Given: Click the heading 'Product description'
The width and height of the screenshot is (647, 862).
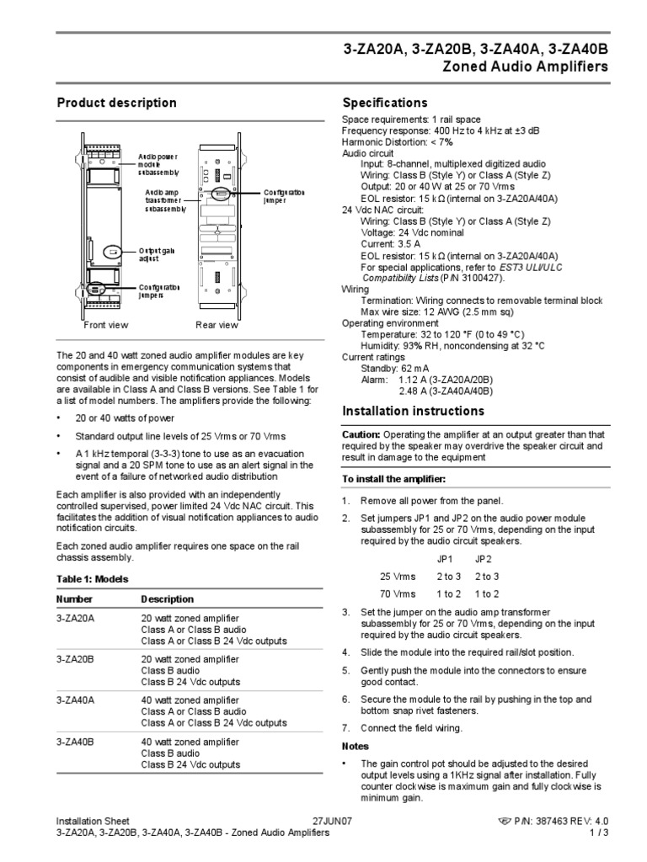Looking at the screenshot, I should tap(116, 104).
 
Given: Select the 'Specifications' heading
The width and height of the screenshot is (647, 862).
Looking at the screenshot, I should tap(385, 104).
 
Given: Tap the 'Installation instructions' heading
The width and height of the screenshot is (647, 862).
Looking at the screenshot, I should tap(413, 412).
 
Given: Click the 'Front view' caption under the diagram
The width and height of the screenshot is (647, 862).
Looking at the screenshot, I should tap(106, 325).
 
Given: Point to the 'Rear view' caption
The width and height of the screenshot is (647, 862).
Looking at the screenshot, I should tap(217, 325).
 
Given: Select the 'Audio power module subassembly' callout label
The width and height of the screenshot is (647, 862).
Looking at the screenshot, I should tap(160, 164).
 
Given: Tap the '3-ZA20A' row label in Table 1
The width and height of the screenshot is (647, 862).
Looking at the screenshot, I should tap(75, 618).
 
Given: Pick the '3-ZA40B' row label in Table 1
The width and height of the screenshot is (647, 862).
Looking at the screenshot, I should tap(75, 742).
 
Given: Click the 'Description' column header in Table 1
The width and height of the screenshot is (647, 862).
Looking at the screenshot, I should tap(168, 599).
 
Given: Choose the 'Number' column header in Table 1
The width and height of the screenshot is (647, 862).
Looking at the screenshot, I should tap(74, 599).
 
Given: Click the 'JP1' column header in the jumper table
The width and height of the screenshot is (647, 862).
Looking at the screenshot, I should tap(445, 558).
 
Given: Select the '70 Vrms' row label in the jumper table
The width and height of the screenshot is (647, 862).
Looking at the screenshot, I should tap(398, 593).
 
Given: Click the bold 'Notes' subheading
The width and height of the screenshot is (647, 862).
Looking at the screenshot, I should tap(356, 746).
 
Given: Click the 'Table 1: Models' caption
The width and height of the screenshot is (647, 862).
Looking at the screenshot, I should tap(93, 579).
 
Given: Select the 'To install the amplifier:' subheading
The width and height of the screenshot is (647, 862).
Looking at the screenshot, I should tap(393, 478).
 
